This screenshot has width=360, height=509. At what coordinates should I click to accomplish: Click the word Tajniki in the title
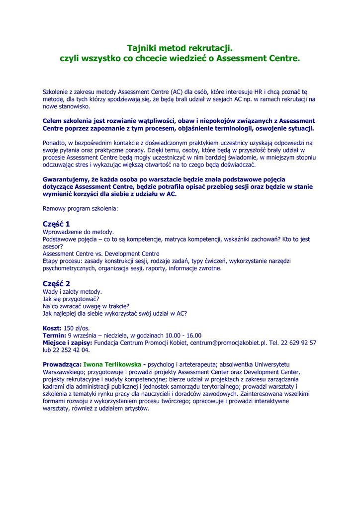[x=142, y=48]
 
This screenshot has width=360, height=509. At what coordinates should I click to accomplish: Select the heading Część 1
[x=56, y=224]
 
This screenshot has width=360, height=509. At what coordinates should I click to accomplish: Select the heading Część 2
[x=56, y=283]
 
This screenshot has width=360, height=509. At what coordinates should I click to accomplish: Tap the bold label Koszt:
[x=52, y=329]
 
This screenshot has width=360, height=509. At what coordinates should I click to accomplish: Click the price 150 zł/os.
[x=77, y=329]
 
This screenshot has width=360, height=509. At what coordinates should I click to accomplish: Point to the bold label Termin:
[x=54, y=336]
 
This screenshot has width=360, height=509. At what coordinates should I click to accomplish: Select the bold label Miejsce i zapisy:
[x=68, y=342]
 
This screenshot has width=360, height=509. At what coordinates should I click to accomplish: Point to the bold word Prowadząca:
[x=62, y=364]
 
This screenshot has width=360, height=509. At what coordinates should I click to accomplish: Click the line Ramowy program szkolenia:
[x=81, y=209]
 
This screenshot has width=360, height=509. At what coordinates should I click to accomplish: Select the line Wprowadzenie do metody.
[x=79, y=232]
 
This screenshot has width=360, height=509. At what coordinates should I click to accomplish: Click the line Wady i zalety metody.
[x=73, y=292]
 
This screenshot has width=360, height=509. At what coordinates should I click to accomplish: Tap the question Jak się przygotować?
[x=71, y=299]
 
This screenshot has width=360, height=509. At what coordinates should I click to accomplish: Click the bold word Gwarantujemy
[x=66, y=179]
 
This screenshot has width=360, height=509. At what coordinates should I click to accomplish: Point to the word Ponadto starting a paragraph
[x=54, y=143]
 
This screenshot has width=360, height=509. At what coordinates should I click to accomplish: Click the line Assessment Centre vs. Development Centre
[x=101, y=254]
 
